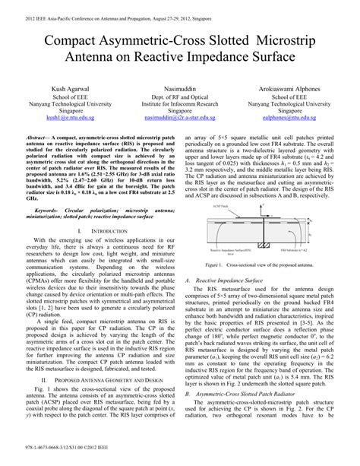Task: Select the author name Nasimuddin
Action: click(x=180, y=89)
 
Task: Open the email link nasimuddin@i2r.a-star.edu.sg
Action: click(x=180, y=119)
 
